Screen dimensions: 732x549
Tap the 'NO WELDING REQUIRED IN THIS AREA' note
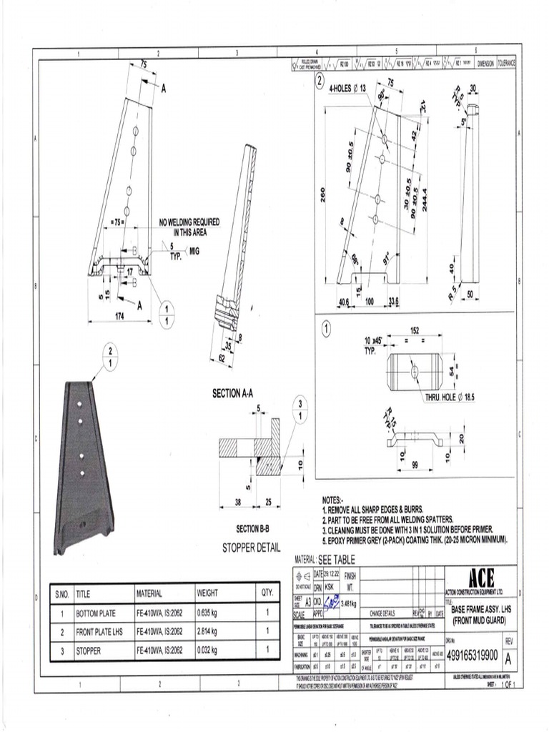pyautogui.click(x=189, y=227)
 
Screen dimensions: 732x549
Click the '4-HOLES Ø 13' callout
pyautogui.click(x=351, y=89)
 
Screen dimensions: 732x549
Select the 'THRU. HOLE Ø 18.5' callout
pyautogui.click(x=453, y=397)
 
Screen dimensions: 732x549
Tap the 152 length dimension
pyautogui.click(x=415, y=330)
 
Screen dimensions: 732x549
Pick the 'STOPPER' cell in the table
pyautogui.click(x=88, y=651)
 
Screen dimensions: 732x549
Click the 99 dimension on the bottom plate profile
pyautogui.click(x=415, y=465)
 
